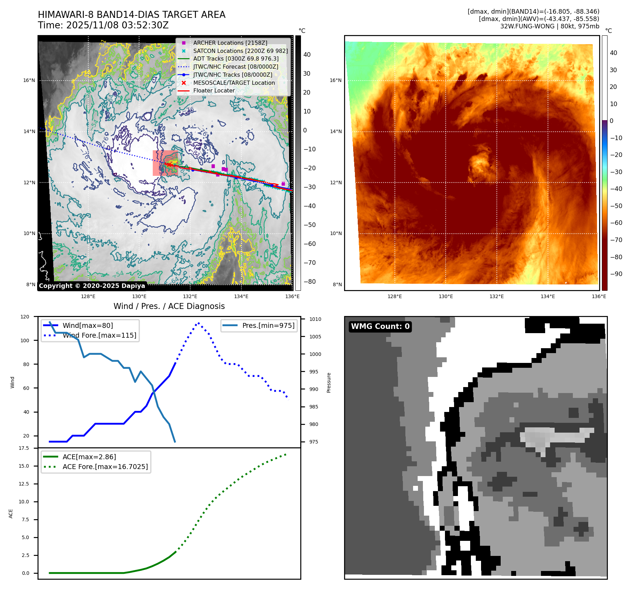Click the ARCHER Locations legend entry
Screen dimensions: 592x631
point(230,43)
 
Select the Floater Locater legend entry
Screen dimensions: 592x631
point(214,90)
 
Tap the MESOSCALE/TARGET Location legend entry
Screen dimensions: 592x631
point(234,83)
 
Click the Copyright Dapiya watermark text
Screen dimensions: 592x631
point(92,286)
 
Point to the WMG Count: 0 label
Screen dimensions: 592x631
point(380,326)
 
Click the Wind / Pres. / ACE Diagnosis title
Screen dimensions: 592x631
point(169,306)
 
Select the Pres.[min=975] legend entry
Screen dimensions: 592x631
point(268,325)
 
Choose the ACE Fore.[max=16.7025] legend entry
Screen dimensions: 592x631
point(105,467)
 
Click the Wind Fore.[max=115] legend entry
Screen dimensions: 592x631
point(100,335)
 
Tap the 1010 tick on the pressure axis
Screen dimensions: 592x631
point(315,319)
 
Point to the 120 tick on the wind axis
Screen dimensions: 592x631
point(25,317)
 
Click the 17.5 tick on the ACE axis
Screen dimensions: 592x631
point(24,448)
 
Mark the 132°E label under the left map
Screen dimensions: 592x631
point(190,296)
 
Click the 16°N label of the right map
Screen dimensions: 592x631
point(335,80)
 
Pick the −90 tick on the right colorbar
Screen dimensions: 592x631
point(616,274)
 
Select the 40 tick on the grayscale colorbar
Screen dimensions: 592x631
point(307,54)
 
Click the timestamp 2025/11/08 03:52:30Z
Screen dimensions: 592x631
point(117,25)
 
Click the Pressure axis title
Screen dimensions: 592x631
point(329,383)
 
